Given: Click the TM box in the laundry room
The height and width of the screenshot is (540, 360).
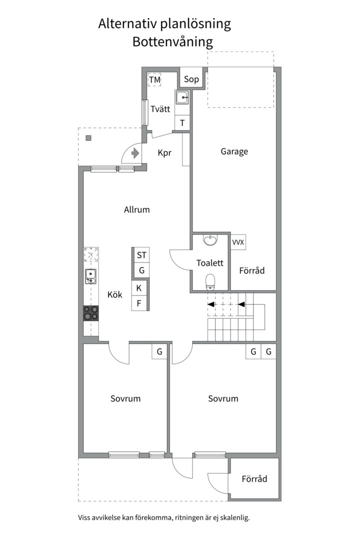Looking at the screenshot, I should (154, 80).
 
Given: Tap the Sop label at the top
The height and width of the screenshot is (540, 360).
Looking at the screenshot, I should (191, 79).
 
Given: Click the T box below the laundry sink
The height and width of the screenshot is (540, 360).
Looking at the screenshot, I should (182, 122).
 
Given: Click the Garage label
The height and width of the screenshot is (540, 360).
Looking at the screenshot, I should (234, 151).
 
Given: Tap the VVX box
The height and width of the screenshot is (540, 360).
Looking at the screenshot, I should (238, 242).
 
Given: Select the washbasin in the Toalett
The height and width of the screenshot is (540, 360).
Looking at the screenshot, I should (210, 240).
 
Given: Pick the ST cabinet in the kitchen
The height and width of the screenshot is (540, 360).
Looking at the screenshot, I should (141, 255).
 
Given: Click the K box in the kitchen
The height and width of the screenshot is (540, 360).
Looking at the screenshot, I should (139, 288).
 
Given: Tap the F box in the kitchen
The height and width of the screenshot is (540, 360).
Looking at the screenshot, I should (139, 303).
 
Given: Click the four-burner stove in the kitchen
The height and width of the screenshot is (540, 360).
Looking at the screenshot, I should (91, 313).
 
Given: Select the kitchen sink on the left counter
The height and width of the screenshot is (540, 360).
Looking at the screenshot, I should (90, 276).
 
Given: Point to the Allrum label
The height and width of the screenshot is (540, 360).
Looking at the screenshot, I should (136, 210).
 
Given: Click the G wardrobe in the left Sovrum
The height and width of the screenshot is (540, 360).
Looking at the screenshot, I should (159, 351).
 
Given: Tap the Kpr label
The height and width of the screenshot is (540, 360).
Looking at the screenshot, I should (164, 153).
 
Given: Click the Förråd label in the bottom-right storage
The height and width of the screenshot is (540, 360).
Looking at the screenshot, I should (254, 479).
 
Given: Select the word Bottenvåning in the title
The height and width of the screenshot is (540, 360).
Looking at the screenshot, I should (172, 42).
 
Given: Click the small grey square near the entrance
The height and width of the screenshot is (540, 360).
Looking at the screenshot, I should (88, 138).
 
